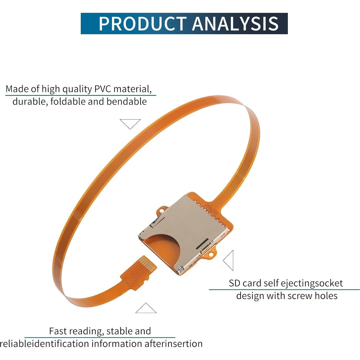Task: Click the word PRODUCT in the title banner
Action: pos(142,24)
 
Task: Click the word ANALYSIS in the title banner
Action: pos(235,24)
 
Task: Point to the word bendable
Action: pos(127,102)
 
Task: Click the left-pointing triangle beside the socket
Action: pos(229,260)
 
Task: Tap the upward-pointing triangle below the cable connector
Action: pos(146,309)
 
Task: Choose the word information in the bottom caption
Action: pos(116,344)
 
